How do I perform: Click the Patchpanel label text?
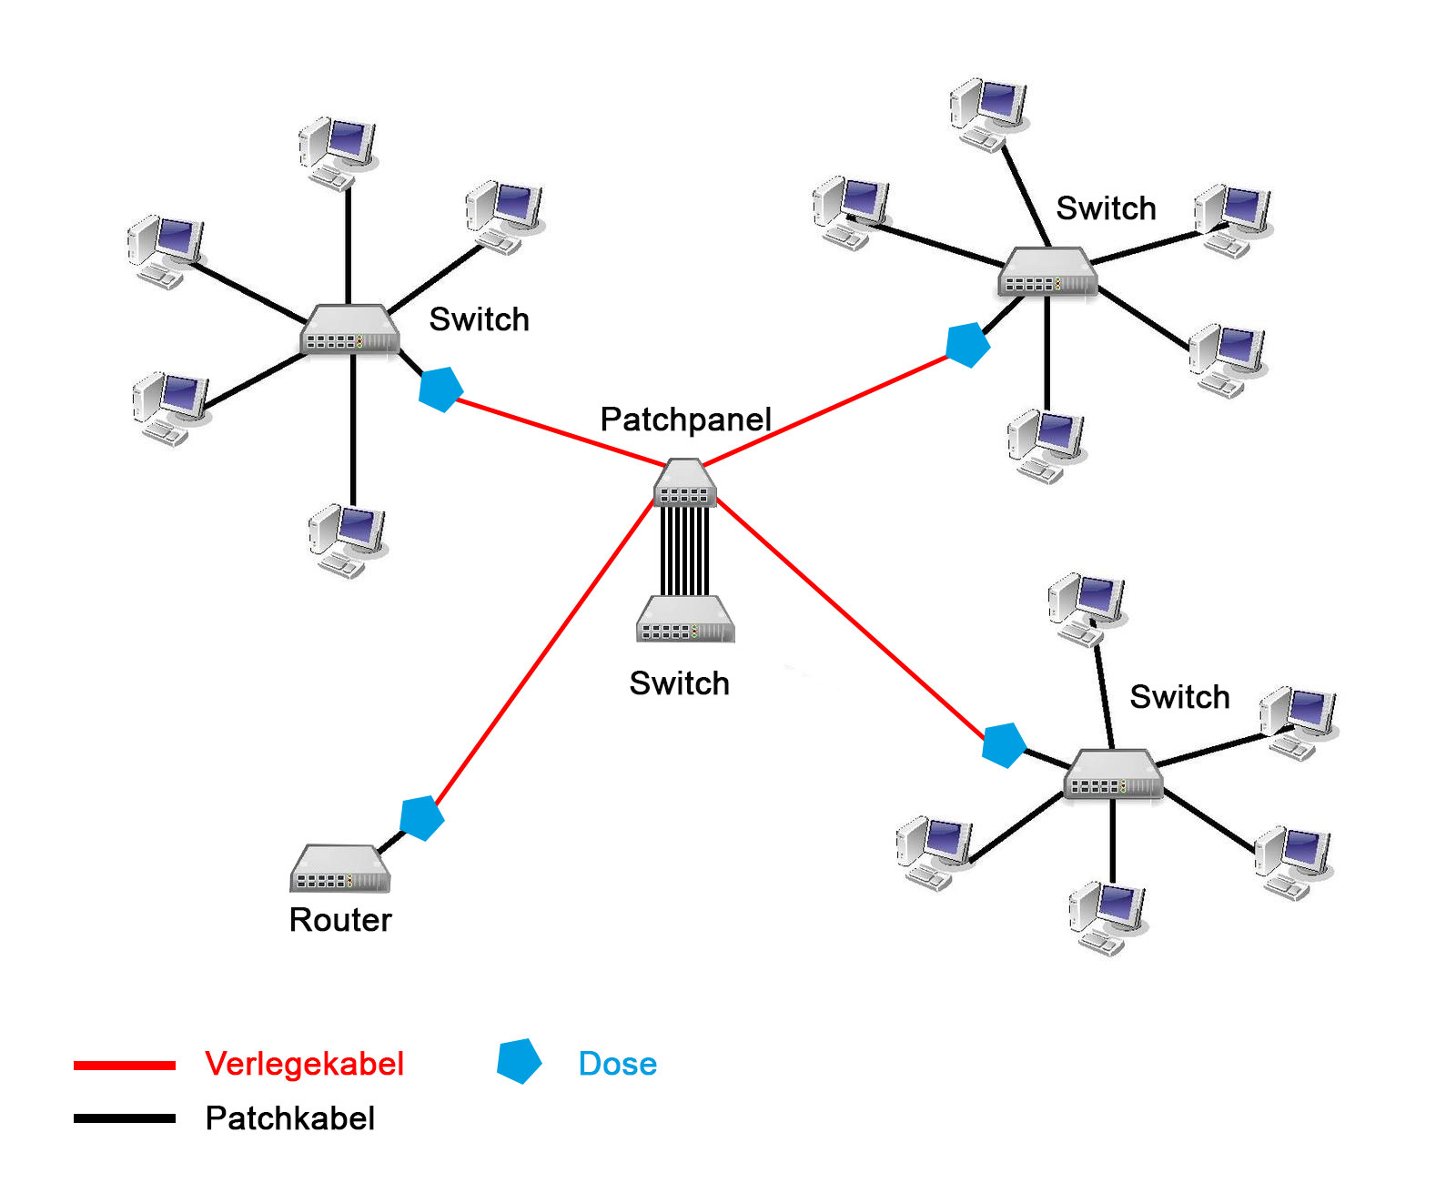point(685,420)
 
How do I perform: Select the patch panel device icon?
point(685,483)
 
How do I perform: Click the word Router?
point(340,920)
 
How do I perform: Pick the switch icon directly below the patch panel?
point(684,620)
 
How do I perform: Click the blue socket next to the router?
point(421,818)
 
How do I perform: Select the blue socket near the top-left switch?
point(440,389)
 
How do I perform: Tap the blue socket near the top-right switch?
point(967,345)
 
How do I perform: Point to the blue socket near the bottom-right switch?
point(1004,745)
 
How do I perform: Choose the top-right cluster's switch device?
point(1047,272)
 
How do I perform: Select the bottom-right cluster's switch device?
point(1113,774)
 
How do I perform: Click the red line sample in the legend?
point(125,1065)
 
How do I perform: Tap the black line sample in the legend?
point(125,1118)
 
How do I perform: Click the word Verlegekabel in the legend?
point(304,1064)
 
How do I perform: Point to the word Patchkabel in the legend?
point(289,1118)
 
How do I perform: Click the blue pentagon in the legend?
point(519,1061)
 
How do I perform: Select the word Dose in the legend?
point(617,1064)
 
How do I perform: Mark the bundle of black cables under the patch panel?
point(684,551)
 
